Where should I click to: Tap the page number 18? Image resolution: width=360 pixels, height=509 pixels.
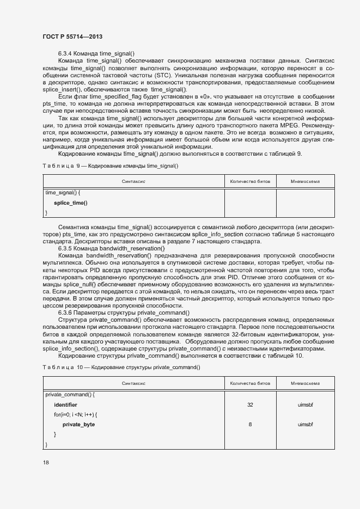[x=46, y=463]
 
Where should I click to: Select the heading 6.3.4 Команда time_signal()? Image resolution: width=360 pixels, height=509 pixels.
[x=96, y=53]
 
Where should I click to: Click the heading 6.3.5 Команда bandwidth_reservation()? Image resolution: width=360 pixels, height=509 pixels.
[x=111, y=248]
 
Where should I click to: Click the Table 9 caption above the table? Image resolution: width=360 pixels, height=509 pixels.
[x=111, y=165]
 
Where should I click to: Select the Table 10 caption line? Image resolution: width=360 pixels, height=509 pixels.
[x=121, y=367]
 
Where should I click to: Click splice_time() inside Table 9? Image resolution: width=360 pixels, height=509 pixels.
[x=70, y=203]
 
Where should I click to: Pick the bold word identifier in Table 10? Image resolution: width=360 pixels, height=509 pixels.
[x=65, y=405]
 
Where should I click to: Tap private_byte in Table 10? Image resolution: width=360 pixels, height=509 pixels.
[x=78, y=424]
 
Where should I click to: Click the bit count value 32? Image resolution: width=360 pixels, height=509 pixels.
[x=250, y=405]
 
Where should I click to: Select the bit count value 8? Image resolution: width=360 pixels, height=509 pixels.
[x=250, y=424]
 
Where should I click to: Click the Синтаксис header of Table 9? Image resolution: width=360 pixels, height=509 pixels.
[x=133, y=181]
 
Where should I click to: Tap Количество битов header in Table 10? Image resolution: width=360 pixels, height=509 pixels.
[x=250, y=384]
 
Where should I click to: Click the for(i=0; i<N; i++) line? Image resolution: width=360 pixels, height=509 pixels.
[x=75, y=415]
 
